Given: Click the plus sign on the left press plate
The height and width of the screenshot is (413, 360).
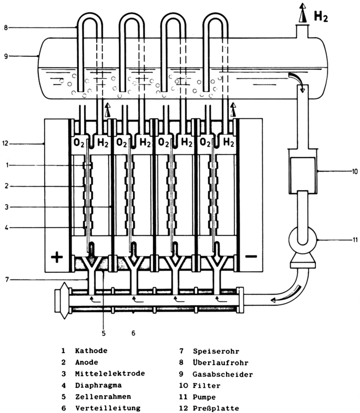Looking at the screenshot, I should click(x=57, y=257).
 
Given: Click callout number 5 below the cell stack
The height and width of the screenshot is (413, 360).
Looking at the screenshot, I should click(x=104, y=332).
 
